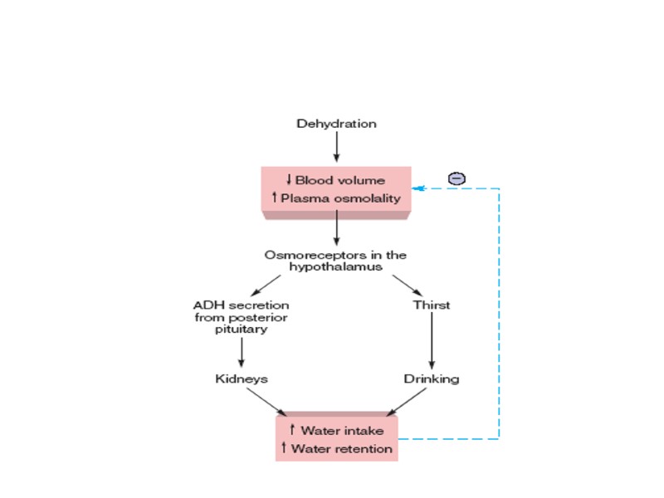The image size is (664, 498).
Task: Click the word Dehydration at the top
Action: tap(336, 124)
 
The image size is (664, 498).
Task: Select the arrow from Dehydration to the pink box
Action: tap(336, 147)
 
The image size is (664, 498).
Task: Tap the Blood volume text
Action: tap(335, 179)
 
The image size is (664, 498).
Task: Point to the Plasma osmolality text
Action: tap(335, 198)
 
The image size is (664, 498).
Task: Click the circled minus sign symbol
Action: tap(456, 178)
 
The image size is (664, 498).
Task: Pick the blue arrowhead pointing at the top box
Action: tap(418, 188)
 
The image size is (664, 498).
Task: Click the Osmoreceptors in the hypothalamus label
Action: tap(336, 261)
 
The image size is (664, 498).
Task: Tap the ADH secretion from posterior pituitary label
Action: tap(242, 317)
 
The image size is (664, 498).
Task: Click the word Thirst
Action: tap(432, 305)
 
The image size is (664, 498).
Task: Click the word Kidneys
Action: tap(242, 378)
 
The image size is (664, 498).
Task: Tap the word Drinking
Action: tap(432, 378)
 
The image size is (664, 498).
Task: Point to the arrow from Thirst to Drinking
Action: tap(432, 341)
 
